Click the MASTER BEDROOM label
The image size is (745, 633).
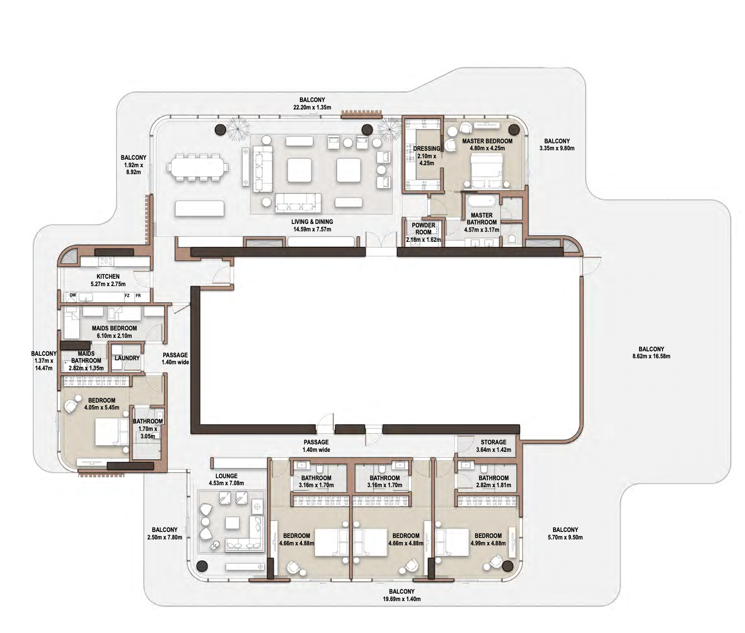coord(487,141)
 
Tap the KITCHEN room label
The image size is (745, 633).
coord(108,277)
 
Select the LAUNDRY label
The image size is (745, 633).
coord(127,358)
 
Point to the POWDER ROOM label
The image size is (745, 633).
coord(424,229)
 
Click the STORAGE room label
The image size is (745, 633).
coord(493,442)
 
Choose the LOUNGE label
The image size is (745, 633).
coord(226,476)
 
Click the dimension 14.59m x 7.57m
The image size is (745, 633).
coord(312,229)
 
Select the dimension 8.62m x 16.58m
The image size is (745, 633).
coord(652,356)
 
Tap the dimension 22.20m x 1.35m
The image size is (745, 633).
coord(312,107)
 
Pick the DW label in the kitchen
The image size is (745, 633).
coord(73,295)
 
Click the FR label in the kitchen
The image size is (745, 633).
coord(138,296)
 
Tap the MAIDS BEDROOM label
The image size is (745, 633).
coord(114,328)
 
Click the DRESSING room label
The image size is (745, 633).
coord(427,149)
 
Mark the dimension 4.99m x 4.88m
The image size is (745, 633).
coord(488,543)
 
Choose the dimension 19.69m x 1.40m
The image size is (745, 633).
coord(402,599)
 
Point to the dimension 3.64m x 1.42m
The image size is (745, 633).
coord(493,450)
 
